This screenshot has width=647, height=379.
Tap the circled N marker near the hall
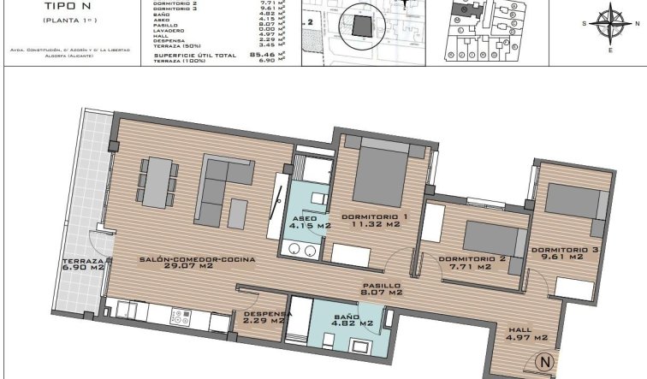[x=543, y=362]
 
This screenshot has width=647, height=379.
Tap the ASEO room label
[x=306, y=219]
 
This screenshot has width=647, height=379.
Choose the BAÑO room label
[x=353, y=317]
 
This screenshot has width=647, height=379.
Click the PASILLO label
[x=382, y=286]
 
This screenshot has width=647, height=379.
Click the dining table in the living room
[x=156, y=181]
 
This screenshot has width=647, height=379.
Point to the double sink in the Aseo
[x=299, y=249]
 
